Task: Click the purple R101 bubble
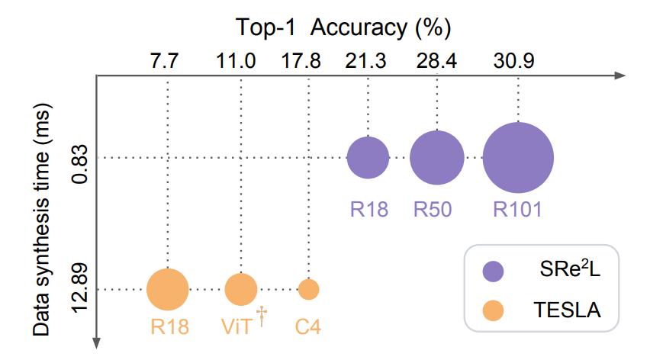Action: pos(518,158)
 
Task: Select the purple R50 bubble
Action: pos(436,158)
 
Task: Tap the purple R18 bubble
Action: pos(368,158)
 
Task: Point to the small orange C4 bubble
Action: pos(308,290)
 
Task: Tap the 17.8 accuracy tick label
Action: pos(308,61)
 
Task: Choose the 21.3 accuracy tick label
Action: pos(368,61)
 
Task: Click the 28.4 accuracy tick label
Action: pos(436,61)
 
